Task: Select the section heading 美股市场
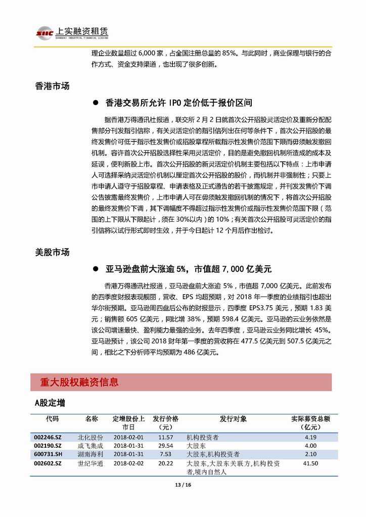click(52, 252)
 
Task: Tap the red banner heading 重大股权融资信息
click(79, 382)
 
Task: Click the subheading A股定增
click(51, 403)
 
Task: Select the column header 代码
click(52, 418)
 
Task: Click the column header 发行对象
click(233, 418)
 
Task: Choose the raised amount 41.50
click(310, 462)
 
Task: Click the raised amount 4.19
click(310, 437)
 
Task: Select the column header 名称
click(91, 418)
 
